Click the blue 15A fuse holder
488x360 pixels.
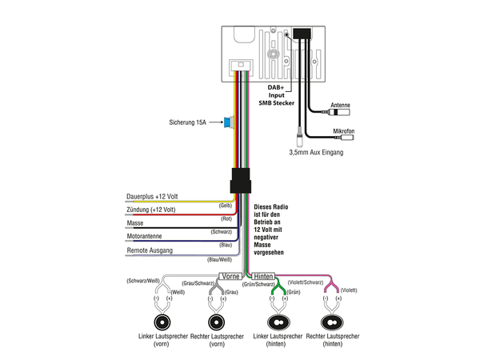pyautogui.click(x=229, y=122)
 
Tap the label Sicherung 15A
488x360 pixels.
pyautogui.click(x=188, y=122)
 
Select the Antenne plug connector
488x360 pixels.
pyautogui.click(x=339, y=112)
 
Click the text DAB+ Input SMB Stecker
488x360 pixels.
pyautogui.click(x=276, y=95)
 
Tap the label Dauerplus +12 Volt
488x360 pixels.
pyautogui.click(x=152, y=197)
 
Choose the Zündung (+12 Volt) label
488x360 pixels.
pyautogui.click(x=151, y=210)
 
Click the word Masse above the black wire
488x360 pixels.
pyautogui.click(x=135, y=223)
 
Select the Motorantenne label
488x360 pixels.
pyautogui.click(x=144, y=236)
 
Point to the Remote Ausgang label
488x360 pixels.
pyautogui.click(x=150, y=250)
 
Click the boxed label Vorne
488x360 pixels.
pyautogui.click(x=230, y=276)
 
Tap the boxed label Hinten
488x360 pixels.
pyautogui.click(x=263, y=276)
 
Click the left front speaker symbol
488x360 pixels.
pyautogui.click(x=162, y=322)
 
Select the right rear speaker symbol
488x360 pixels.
pyautogui.click(x=332, y=322)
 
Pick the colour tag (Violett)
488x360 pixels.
pyautogui.click(x=349, y=290)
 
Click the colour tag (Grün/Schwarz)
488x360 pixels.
pyautogui.click(x=258, y=284)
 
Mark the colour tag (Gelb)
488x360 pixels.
pyautogui.click(x=226, y=206)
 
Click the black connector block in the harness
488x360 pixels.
pyautogui.click(x=241, y=181)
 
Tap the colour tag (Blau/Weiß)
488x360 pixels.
pyautogui.click(x=219, y=259)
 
